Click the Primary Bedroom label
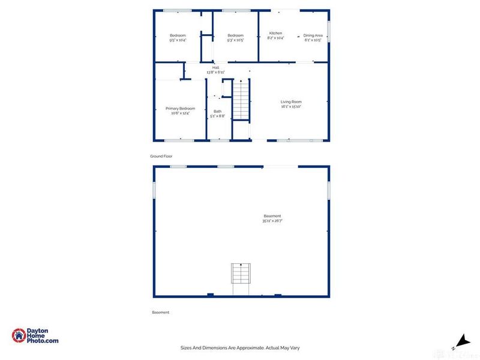tap(180, 109)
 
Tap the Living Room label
tap(290, 102)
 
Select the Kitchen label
tap(275, 33)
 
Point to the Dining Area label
tap(313, 35)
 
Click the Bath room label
tap(217, 111)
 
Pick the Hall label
tap(215, 68)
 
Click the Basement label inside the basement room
tap(272, 216)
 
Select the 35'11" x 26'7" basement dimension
tap(272, 221)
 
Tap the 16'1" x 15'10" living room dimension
tap(290, 107)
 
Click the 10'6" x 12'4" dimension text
tap(180, 113)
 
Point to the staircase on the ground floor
tap(241, 100)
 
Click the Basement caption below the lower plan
tap(161, 312)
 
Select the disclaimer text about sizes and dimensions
tap(240, 347)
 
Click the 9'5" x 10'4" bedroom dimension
tap(178, 40)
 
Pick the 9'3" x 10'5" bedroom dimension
tap(235, 40)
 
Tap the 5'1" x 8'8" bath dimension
tap(217, 116)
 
